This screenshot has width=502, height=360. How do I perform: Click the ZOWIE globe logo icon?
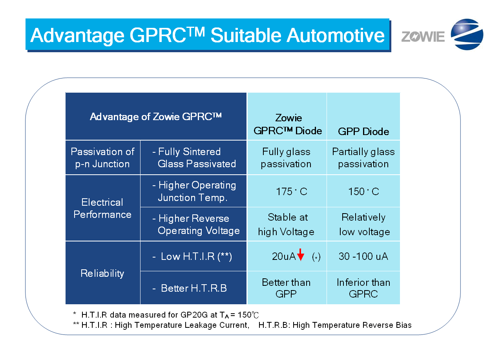coord(467,35)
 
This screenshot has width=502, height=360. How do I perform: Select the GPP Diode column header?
coord(363,131)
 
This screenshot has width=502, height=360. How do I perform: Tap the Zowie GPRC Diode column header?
coord(288,124)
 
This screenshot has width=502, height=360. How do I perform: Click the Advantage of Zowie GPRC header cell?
coord(156,117)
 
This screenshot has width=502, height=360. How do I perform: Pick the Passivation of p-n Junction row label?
coord(102,157)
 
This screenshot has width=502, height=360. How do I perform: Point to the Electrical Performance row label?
coord(102,208)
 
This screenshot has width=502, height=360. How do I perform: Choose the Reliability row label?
coord(102,273)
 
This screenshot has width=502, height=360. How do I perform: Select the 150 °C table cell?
coord(363,192)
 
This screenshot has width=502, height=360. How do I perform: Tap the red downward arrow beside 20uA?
coord(301,255)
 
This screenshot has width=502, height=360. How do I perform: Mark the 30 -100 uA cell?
coord(363,256)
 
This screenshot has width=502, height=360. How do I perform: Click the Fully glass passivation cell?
coord(286,157)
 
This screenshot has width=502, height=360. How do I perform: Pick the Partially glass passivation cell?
coord(363,157)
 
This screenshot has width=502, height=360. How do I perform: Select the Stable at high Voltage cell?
coord(287,224)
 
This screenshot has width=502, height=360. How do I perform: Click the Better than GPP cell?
coord(286,288)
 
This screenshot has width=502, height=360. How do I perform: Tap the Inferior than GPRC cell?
coord(363,288)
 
